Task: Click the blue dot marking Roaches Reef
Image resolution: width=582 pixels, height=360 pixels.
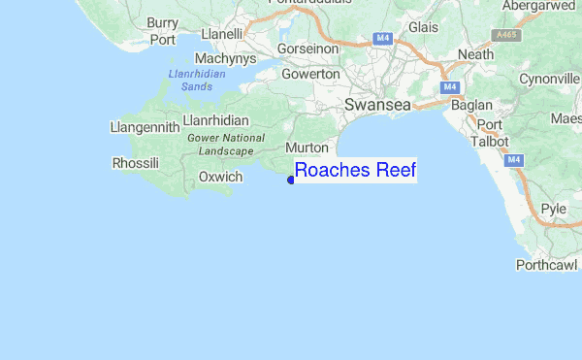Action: click(x=291, y=179)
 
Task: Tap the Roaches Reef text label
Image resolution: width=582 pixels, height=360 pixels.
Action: click(x=355, y=172)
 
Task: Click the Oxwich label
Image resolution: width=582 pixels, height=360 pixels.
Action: click(x=219, y=177)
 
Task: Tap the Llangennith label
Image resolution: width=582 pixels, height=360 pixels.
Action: click(x=145, y=126)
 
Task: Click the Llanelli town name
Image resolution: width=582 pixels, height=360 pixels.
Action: click(x=221, y=35)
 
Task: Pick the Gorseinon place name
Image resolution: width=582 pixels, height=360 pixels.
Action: click(x=307, y=48)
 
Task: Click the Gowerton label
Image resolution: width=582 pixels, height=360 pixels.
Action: click(x=310, y=74)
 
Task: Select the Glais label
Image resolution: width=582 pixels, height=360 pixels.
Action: click(x=424, y=28)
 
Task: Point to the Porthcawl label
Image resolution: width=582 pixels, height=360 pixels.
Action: click(x=546, y=264)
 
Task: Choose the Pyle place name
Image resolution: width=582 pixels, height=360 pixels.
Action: click(x=553, y=209)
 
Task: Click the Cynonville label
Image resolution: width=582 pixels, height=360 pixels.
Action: click(x=549, y=79)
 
